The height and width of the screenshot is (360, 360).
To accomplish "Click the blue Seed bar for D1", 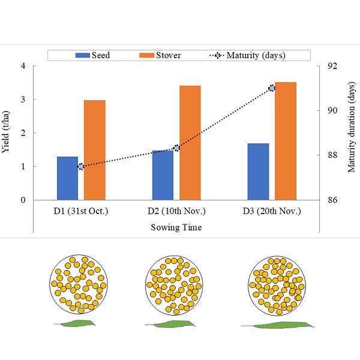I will pos(68,178).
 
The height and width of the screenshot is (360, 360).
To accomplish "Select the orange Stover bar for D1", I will pos(95,150).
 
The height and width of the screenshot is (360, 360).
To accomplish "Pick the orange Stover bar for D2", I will pos(190,143).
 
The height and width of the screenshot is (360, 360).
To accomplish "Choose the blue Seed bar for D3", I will pos(258,172).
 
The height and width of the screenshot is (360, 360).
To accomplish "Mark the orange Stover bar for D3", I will pos(285,141).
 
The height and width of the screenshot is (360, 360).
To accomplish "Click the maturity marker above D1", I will pos(81,167).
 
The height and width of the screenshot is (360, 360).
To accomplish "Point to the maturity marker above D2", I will pos(176,148).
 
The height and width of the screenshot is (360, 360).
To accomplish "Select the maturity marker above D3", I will pos(272,88).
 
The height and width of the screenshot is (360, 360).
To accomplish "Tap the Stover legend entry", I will pos(160,55).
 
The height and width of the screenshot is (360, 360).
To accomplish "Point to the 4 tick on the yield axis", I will pos(23,66).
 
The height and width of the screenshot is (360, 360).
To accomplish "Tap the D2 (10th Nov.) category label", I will pos(176,211).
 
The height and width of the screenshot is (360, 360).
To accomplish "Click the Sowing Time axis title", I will pos(176,227).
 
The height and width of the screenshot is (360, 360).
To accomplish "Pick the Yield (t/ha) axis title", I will pos(7,133).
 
